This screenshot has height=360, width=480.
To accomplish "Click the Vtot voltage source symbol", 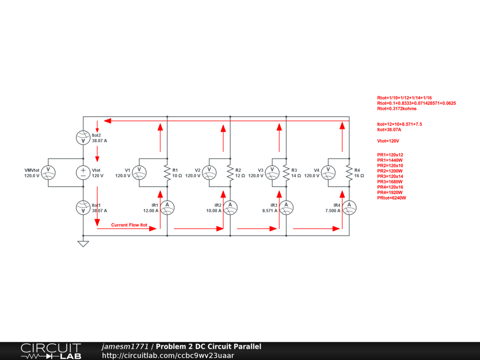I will pyautogui.click(x=83, y=172).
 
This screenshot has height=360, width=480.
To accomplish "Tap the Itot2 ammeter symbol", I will pyautogui.click(x=83, y=138).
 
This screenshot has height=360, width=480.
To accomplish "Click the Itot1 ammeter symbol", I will pyautogui.click(x=83, y=207).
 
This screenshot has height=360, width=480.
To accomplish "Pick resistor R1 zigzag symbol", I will pyautogui.click(x=167, y=172).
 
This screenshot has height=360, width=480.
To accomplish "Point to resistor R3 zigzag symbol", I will pyautogui.click(x=285, y=172).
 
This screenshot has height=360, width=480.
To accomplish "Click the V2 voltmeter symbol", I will pyautogui.click(x=209, y=172).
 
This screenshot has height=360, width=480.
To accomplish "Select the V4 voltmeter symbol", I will pyautogui.click(x=328, y=172).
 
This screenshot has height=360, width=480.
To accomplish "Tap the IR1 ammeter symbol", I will pyautogui.click(x=167, y=207).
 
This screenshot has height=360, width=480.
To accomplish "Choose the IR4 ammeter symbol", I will pyautogui.click(x=349, y=207).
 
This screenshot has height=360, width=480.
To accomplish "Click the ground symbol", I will pyautogui.click(x=83, y=243).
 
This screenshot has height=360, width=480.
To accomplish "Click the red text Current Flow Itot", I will pyautogui.click(x=129, y=225).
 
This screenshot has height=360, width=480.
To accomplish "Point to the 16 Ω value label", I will pyautogui.click(x=359, y=175).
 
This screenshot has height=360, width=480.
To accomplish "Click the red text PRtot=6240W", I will pyautogui.click(x=391, y=198).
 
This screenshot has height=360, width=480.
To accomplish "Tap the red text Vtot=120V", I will pyautogui.click(x=388, y=141).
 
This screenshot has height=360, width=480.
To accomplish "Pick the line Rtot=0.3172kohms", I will pyautogui.click(x=397, y=109).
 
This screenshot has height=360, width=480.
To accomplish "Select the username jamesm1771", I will pyautogui.click(x=125, y=347).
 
